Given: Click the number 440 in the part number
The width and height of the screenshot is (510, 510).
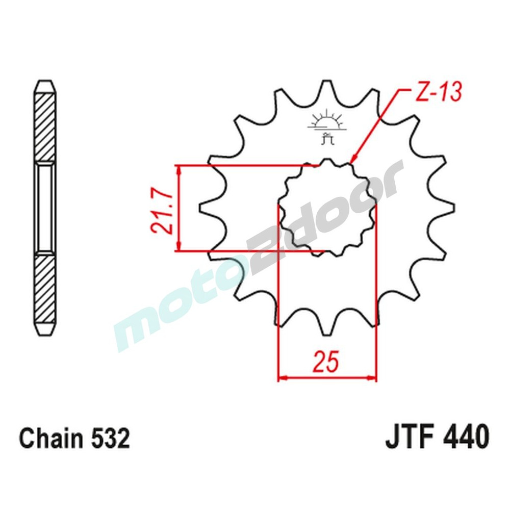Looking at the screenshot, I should (464, 438).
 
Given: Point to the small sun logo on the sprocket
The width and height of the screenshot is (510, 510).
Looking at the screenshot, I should (326, 122).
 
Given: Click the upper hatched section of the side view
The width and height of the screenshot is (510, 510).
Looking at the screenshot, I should (44, 125).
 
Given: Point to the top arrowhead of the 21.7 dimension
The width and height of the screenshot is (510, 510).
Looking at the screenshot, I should (178, 169).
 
